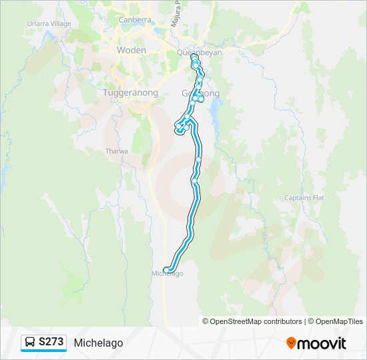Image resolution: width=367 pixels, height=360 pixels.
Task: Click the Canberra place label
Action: tap(135, 20)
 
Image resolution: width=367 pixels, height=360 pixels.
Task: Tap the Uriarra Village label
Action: tap(49, 23)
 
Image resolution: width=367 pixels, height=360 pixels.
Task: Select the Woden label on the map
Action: tap(131, 51)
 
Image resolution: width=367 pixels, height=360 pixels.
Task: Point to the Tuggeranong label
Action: tap(131, 93)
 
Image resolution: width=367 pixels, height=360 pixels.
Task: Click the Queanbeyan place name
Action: tap(200, 52)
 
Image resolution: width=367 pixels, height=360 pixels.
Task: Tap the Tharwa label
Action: tap(116, 151)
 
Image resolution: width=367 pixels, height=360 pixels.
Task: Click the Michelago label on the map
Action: tap(167, 274)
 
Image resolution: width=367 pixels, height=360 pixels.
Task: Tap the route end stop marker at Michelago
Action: tap(165, 269)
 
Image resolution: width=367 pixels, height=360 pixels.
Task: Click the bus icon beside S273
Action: tap(30, 342)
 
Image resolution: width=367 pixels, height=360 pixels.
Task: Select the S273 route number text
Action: tap(51, 342)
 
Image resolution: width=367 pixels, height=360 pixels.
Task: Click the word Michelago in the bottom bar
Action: tap(99, 343)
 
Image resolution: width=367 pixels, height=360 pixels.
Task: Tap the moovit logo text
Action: tap(322, 343)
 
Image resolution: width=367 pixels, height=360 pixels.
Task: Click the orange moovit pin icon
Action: tap(291, 343)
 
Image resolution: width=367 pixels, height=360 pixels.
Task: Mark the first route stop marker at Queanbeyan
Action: tap(194, 57)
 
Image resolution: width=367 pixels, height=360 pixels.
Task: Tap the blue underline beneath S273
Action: tap(43, 351)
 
